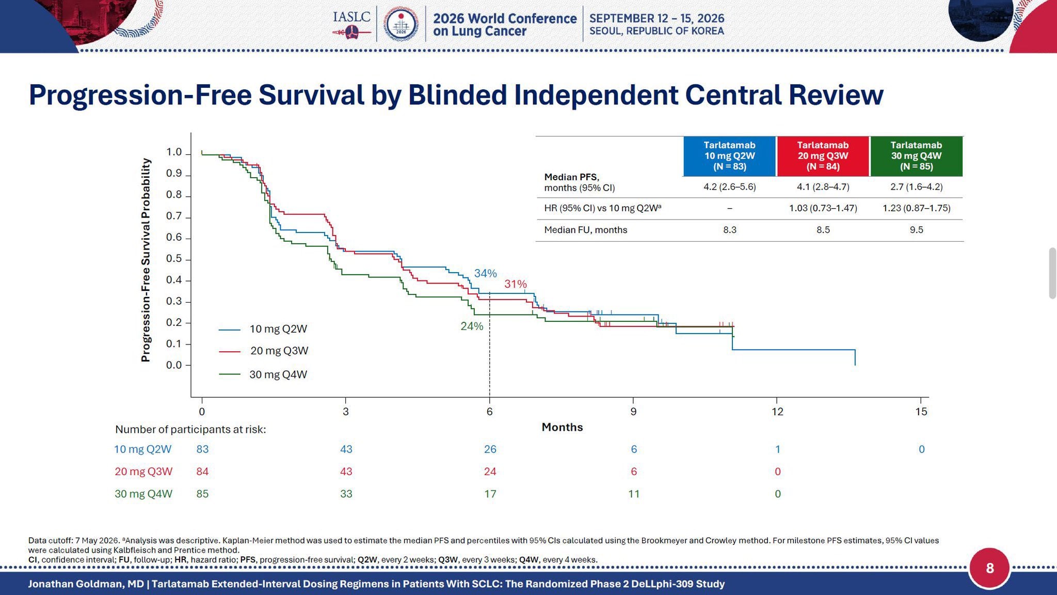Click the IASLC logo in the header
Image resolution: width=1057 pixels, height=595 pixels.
pyautogui.click(x=352, y=24)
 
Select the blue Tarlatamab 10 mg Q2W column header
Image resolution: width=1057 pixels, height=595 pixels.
pyautogui.click(x=729, y=156)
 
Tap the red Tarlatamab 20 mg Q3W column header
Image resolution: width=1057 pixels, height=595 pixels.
pyautogui.click(x=823, y=156)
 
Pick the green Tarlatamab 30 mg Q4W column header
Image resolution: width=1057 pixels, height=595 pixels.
pyautogui.click(x=916, y=156)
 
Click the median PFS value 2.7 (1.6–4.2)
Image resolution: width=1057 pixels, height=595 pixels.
pyautogui.click(x=916, y=187)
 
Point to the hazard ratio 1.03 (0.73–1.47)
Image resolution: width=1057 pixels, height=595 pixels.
pyautogui.click(x=823, y=208)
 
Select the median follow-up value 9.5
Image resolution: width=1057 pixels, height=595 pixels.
pyautogui.click(x=916, y=230)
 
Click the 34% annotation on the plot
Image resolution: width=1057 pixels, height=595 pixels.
pyautogui.click(x=485, y=273)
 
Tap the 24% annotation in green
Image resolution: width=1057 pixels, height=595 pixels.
pyautogui.click(x=472, y=326)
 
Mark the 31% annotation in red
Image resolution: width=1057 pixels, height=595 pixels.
pyautogui.click(x=516, y=284)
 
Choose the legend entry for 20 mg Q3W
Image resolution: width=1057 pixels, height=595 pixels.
pyautogui.click(x=264, y=351)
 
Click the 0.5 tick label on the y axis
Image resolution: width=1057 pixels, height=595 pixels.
pyautogui.click(x=174, y=259)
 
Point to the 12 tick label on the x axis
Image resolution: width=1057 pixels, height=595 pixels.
pyautogui.click(x=777, y=412)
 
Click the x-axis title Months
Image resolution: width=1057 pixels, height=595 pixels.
pyautogui.click(x=562, y=427)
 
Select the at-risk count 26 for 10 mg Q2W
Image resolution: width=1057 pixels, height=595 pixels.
pyautogui.click(x=490, y=449)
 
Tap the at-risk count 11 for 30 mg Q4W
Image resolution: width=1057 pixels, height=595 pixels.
pyautogui.click(x=634, y=494)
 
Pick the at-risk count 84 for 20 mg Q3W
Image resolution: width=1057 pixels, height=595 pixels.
pyautogui.click(x=202, y=472)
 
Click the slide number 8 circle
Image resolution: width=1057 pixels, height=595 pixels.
pyautogui.click(x=989, y=569)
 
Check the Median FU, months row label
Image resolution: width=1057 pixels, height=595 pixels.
pyautogui.click(x=585, y=230)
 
